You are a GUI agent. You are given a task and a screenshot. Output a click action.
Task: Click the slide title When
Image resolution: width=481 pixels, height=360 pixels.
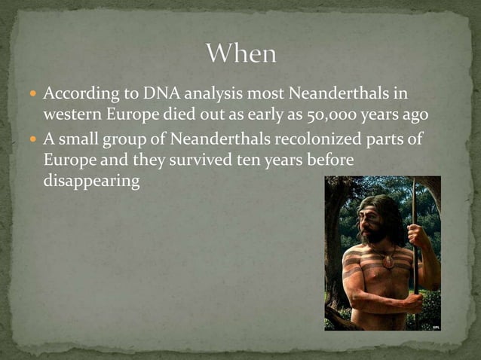[241, 54]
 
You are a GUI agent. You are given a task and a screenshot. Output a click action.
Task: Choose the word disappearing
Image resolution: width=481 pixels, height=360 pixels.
[91, 182]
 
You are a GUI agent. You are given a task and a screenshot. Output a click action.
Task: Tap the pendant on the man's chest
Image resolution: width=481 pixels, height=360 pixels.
[388, 261]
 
